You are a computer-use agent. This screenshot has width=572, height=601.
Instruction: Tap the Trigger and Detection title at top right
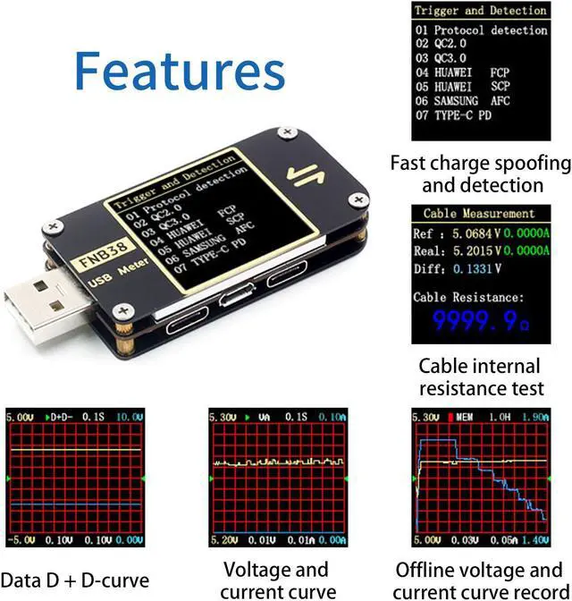[480, 11]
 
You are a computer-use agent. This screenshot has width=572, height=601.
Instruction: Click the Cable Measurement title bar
[479, 214]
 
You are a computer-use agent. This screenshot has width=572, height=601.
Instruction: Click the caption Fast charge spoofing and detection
[480, 174]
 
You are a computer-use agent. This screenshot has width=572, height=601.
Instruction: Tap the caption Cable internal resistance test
[480, 377]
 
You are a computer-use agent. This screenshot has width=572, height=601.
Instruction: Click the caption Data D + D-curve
[76, 579]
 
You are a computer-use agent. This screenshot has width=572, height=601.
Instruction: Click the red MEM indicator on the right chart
[464, 417]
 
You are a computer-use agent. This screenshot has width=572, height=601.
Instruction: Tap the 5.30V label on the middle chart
[222, 417]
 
